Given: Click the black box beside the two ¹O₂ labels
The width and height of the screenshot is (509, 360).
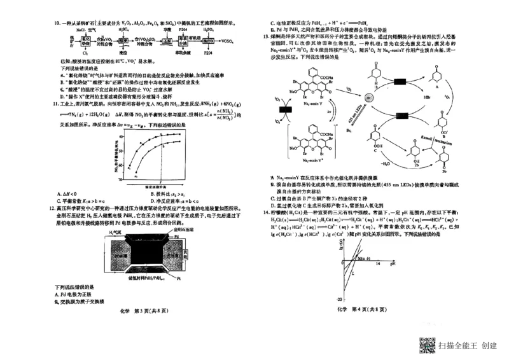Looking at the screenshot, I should tap(284, 111).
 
